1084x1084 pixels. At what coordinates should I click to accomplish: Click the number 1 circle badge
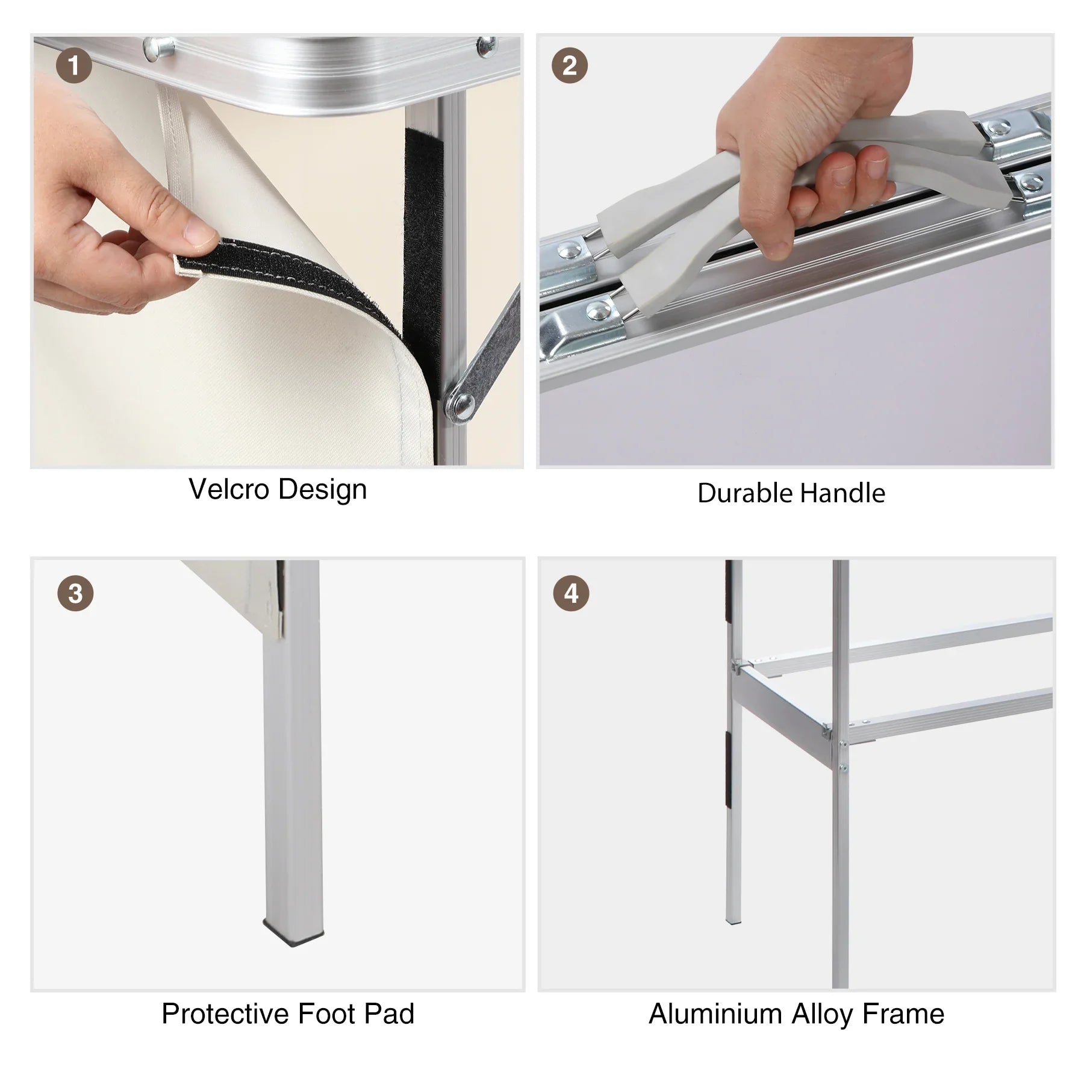point(73,66)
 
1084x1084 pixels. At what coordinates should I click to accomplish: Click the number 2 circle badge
point(569,66)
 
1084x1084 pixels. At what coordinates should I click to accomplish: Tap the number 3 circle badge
point(75,593)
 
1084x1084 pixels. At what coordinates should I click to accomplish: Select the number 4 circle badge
point(571,593)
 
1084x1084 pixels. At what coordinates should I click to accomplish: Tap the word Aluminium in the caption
point(716,1014)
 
